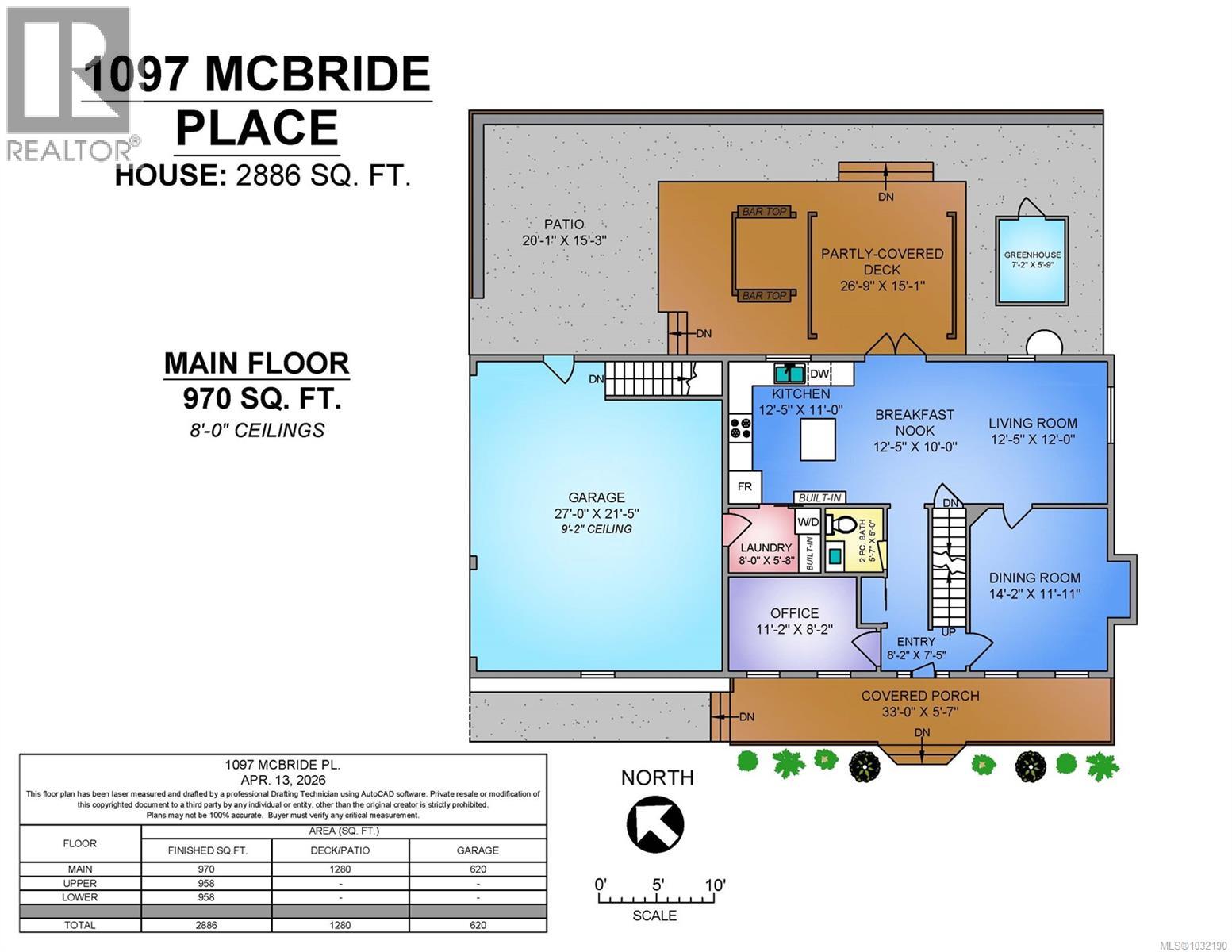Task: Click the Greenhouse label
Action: click(x=1032, y=255)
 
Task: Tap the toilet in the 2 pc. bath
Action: click(x=841, y=526)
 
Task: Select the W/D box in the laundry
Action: click(x=808, y=522)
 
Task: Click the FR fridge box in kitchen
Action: click(x=745, y=486)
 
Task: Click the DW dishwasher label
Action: click(x=819, y=374)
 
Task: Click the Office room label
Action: click(x=794, y=613)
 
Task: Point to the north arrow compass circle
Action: click(x=655, y=825)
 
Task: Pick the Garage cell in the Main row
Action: click(x=478, y=869)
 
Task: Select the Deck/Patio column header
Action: click(x=340, y=850)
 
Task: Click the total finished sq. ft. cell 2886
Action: click(x=206, y=925)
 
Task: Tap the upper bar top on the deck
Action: click(x=764, y=211)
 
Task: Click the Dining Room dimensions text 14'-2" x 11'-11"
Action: click(x=1034, y=594)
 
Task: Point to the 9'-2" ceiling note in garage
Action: click(x=595, y=529)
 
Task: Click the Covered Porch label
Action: click(x=920, y=696)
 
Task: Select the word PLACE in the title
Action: click(x=256, y=128)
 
